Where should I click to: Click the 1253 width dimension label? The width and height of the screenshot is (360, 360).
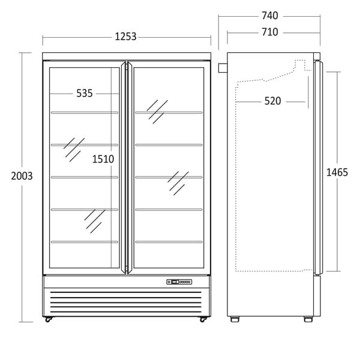click(x=125, y=37)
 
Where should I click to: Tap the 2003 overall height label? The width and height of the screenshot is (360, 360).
click(x=22, y=176)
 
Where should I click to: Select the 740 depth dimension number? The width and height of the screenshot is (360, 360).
click(x=270, y=16)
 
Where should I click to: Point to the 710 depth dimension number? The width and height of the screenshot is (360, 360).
click(x=270, y=32)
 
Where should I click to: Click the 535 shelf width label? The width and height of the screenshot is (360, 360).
click(x=85, y=93)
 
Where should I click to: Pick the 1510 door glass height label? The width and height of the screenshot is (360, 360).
click(x=103, y=159)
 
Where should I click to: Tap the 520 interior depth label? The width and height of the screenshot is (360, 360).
click(x=273, y=101)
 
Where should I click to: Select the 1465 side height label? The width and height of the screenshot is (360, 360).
click(x=337, y=172)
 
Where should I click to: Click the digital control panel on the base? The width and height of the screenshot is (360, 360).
click(x=179, y=282)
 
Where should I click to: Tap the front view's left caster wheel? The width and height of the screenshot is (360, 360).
click(x=48, y=319)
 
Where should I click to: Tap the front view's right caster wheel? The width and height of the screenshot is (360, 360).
click(x=203, y=319)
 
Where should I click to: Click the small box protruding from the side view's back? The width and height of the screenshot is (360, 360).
click(x=223, y=68)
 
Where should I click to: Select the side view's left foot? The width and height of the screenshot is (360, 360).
click(x=235, y=319)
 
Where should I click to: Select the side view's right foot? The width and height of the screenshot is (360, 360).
click(x=308, y=319)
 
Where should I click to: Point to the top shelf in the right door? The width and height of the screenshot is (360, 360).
click(x=169, y=113)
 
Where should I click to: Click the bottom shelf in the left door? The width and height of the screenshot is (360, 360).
click(x=85, y=242)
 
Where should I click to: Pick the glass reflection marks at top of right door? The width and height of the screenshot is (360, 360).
click(x=157, y=112)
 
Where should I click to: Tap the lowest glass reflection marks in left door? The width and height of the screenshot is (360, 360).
click(x=95, y=221)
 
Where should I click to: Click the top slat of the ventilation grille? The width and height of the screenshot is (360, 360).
click(x=126, y=292)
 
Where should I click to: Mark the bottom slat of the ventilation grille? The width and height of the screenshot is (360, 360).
click(x=126, y=312)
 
